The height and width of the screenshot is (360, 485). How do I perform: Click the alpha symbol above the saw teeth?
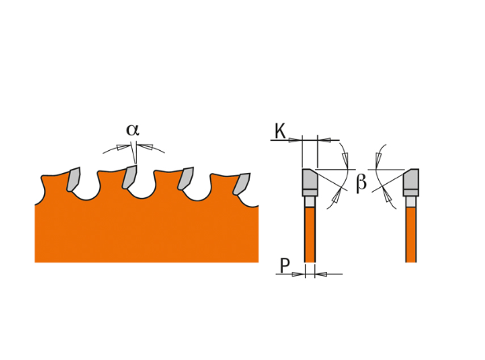pos(133,130)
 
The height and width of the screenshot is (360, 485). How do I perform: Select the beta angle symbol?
pos(362,183)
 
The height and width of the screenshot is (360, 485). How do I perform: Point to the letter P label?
pos(285,266)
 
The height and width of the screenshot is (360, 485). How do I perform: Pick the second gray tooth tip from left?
pos(129,177)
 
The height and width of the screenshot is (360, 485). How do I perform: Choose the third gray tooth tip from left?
pos(186,178)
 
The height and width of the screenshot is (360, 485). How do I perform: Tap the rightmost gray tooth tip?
pos(241,184)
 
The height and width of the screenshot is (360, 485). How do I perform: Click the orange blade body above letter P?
pos(310,235)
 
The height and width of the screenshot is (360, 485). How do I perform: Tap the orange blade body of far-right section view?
pos(411,235)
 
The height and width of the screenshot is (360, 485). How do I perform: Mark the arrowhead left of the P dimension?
pos(298,274)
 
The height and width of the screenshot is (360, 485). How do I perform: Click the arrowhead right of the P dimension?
pos(321,274)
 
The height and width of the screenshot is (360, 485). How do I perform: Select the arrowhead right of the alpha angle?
pos(145,146)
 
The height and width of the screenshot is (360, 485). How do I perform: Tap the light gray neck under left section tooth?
pos(310,202)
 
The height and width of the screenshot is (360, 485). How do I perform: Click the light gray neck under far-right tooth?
pos(411,202)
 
